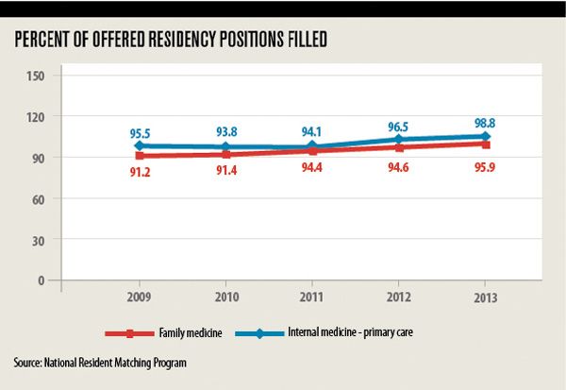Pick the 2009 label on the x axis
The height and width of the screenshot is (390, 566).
pos(141,296)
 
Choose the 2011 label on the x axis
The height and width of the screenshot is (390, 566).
pos(312,296)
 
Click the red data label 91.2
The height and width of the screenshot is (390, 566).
pos(141,173)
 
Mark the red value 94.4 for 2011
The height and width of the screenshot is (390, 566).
pos(312,169)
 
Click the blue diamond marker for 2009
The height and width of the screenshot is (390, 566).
pos(141,145)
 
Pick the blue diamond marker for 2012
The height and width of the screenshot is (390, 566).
pos(398,139)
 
